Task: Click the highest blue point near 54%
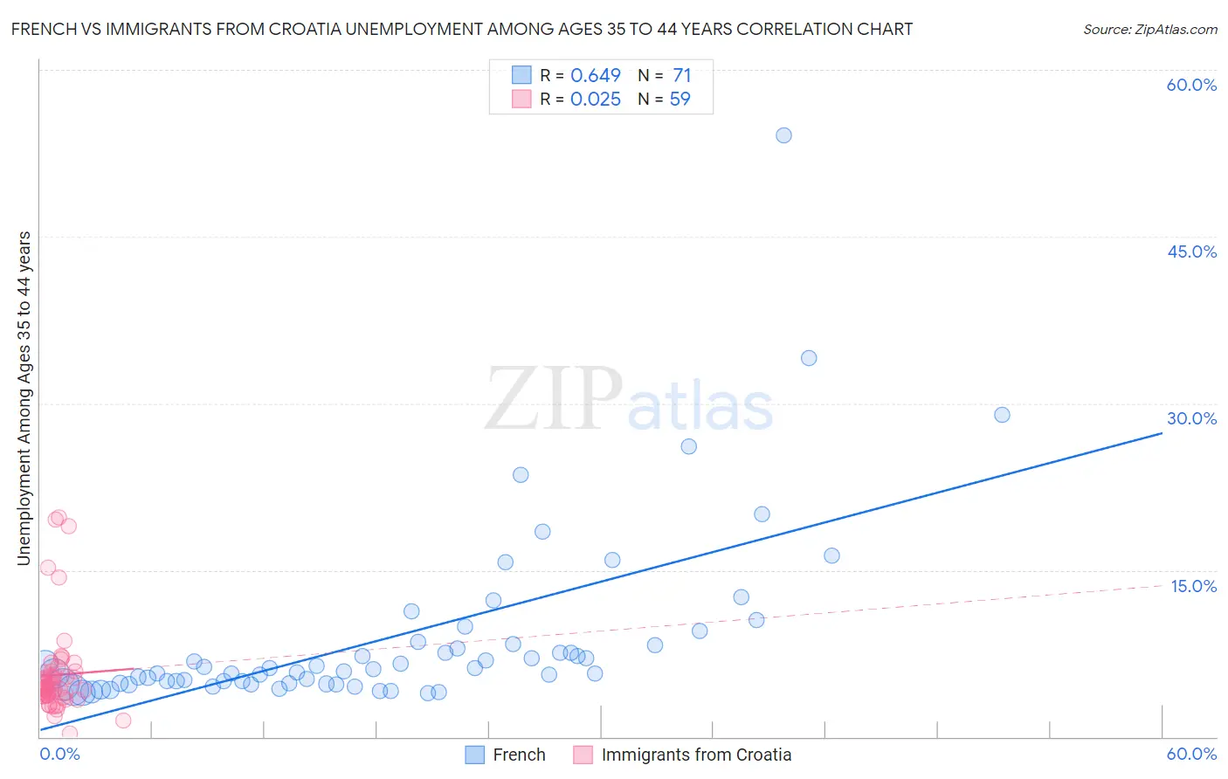(783, 135)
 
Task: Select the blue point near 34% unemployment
(809, 358)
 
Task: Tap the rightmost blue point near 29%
(1002, 415)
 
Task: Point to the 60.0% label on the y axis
(1191, 85)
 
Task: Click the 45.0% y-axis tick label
(1191, 252)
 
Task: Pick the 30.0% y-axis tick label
(1191, 418)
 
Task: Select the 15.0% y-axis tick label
(1193, 586)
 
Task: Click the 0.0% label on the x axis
(59, 754)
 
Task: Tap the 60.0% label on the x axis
(1191, 754)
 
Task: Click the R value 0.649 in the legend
(596, 76)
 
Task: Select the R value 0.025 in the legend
(596, 100)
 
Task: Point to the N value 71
(681, 76)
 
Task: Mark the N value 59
(680, 100)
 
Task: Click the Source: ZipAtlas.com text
(1149, 30)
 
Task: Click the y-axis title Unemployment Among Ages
(24, 398)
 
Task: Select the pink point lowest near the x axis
(70, 734)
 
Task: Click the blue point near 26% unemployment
(688, 446)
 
